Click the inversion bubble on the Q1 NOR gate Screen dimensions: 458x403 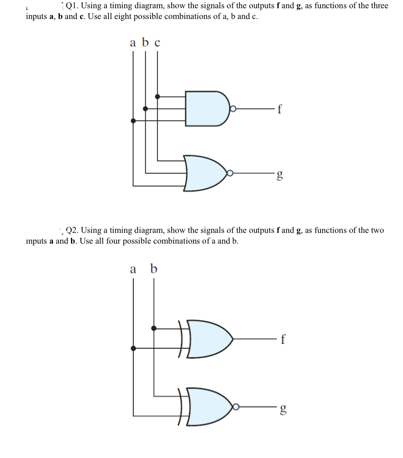pos(231,174)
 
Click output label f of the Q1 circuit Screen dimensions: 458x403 pos(280,109)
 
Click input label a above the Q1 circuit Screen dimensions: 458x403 pos(133,43)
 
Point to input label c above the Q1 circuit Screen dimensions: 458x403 pos(157,43)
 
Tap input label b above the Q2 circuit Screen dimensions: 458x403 pos(153,269)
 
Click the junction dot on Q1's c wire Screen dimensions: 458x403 pos(157,97)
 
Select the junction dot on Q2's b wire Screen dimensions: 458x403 pos(154,328)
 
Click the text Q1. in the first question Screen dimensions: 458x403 pos(73,6)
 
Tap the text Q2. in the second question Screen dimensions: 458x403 pos(74,230)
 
